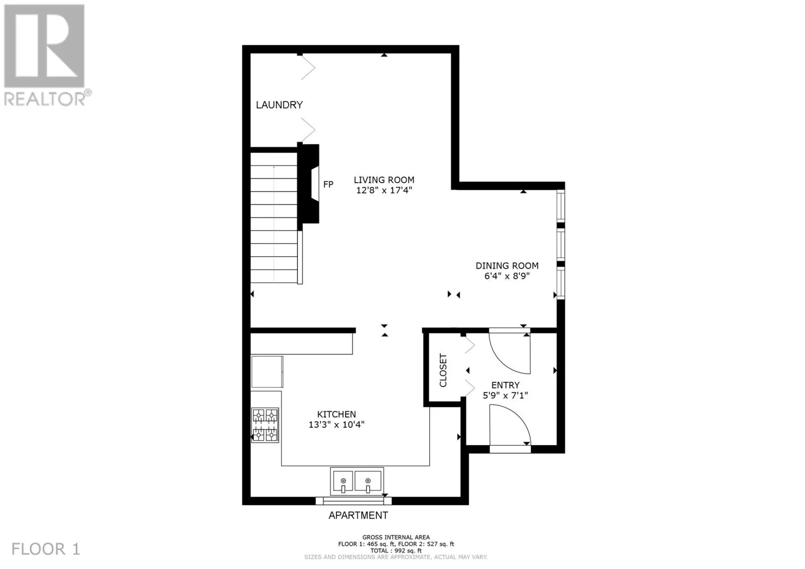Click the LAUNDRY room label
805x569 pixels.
click(279, 105)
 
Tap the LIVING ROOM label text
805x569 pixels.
click(384, 180)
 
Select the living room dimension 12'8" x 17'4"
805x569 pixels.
click(384, 190)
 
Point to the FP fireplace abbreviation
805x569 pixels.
click(328, 185)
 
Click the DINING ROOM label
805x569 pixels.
click(507, 266)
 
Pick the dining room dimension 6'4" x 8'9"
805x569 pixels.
click(507, 276)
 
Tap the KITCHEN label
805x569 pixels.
click(337, 414)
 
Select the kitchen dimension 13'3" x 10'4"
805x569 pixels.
click(337, 425)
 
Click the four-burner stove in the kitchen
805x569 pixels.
click(265, 425)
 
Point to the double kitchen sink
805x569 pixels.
click(357, 481)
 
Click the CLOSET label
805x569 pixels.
click(443, 370)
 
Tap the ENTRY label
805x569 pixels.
click(505, 385)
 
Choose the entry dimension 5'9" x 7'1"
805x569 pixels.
click(505, 395)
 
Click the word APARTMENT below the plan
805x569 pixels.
click(358, 516)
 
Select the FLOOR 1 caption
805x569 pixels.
click(46, 549)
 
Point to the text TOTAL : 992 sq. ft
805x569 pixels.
click(396, 550)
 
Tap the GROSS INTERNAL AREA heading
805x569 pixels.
click(396, 537)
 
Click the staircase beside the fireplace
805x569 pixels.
click(274, 217)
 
